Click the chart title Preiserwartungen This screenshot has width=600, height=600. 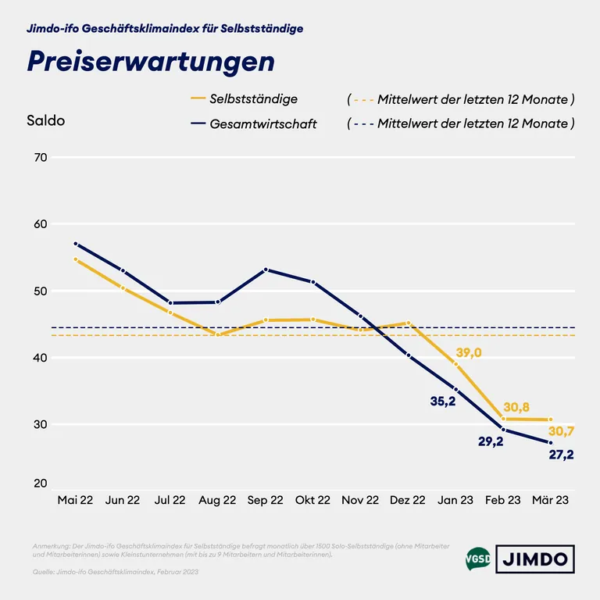[x=151, y=62]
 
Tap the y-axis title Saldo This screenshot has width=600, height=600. [x=45, y=121]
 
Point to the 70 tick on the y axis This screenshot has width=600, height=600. [x=40, y=158]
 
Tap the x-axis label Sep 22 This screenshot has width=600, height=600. [x=266, y=500]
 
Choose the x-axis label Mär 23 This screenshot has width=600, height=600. [x=550, y=500]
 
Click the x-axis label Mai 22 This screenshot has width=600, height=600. [x=75, y=500]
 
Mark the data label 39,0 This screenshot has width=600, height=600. [x=468, y=353]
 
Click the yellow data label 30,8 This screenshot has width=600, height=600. [x=517, y=407]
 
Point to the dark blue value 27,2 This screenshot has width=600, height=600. [x=559, y=455]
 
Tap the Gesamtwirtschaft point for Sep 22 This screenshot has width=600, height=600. [x=266, y=270]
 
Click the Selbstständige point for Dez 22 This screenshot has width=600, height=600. [x=408, y=323]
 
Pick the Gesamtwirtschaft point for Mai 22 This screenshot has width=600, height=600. [x=76, y=244]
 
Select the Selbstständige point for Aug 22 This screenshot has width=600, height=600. [x=218, y=335]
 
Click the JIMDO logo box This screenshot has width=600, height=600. [x=535, y=559]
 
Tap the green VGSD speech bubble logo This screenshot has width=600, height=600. [x=477, y=559]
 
